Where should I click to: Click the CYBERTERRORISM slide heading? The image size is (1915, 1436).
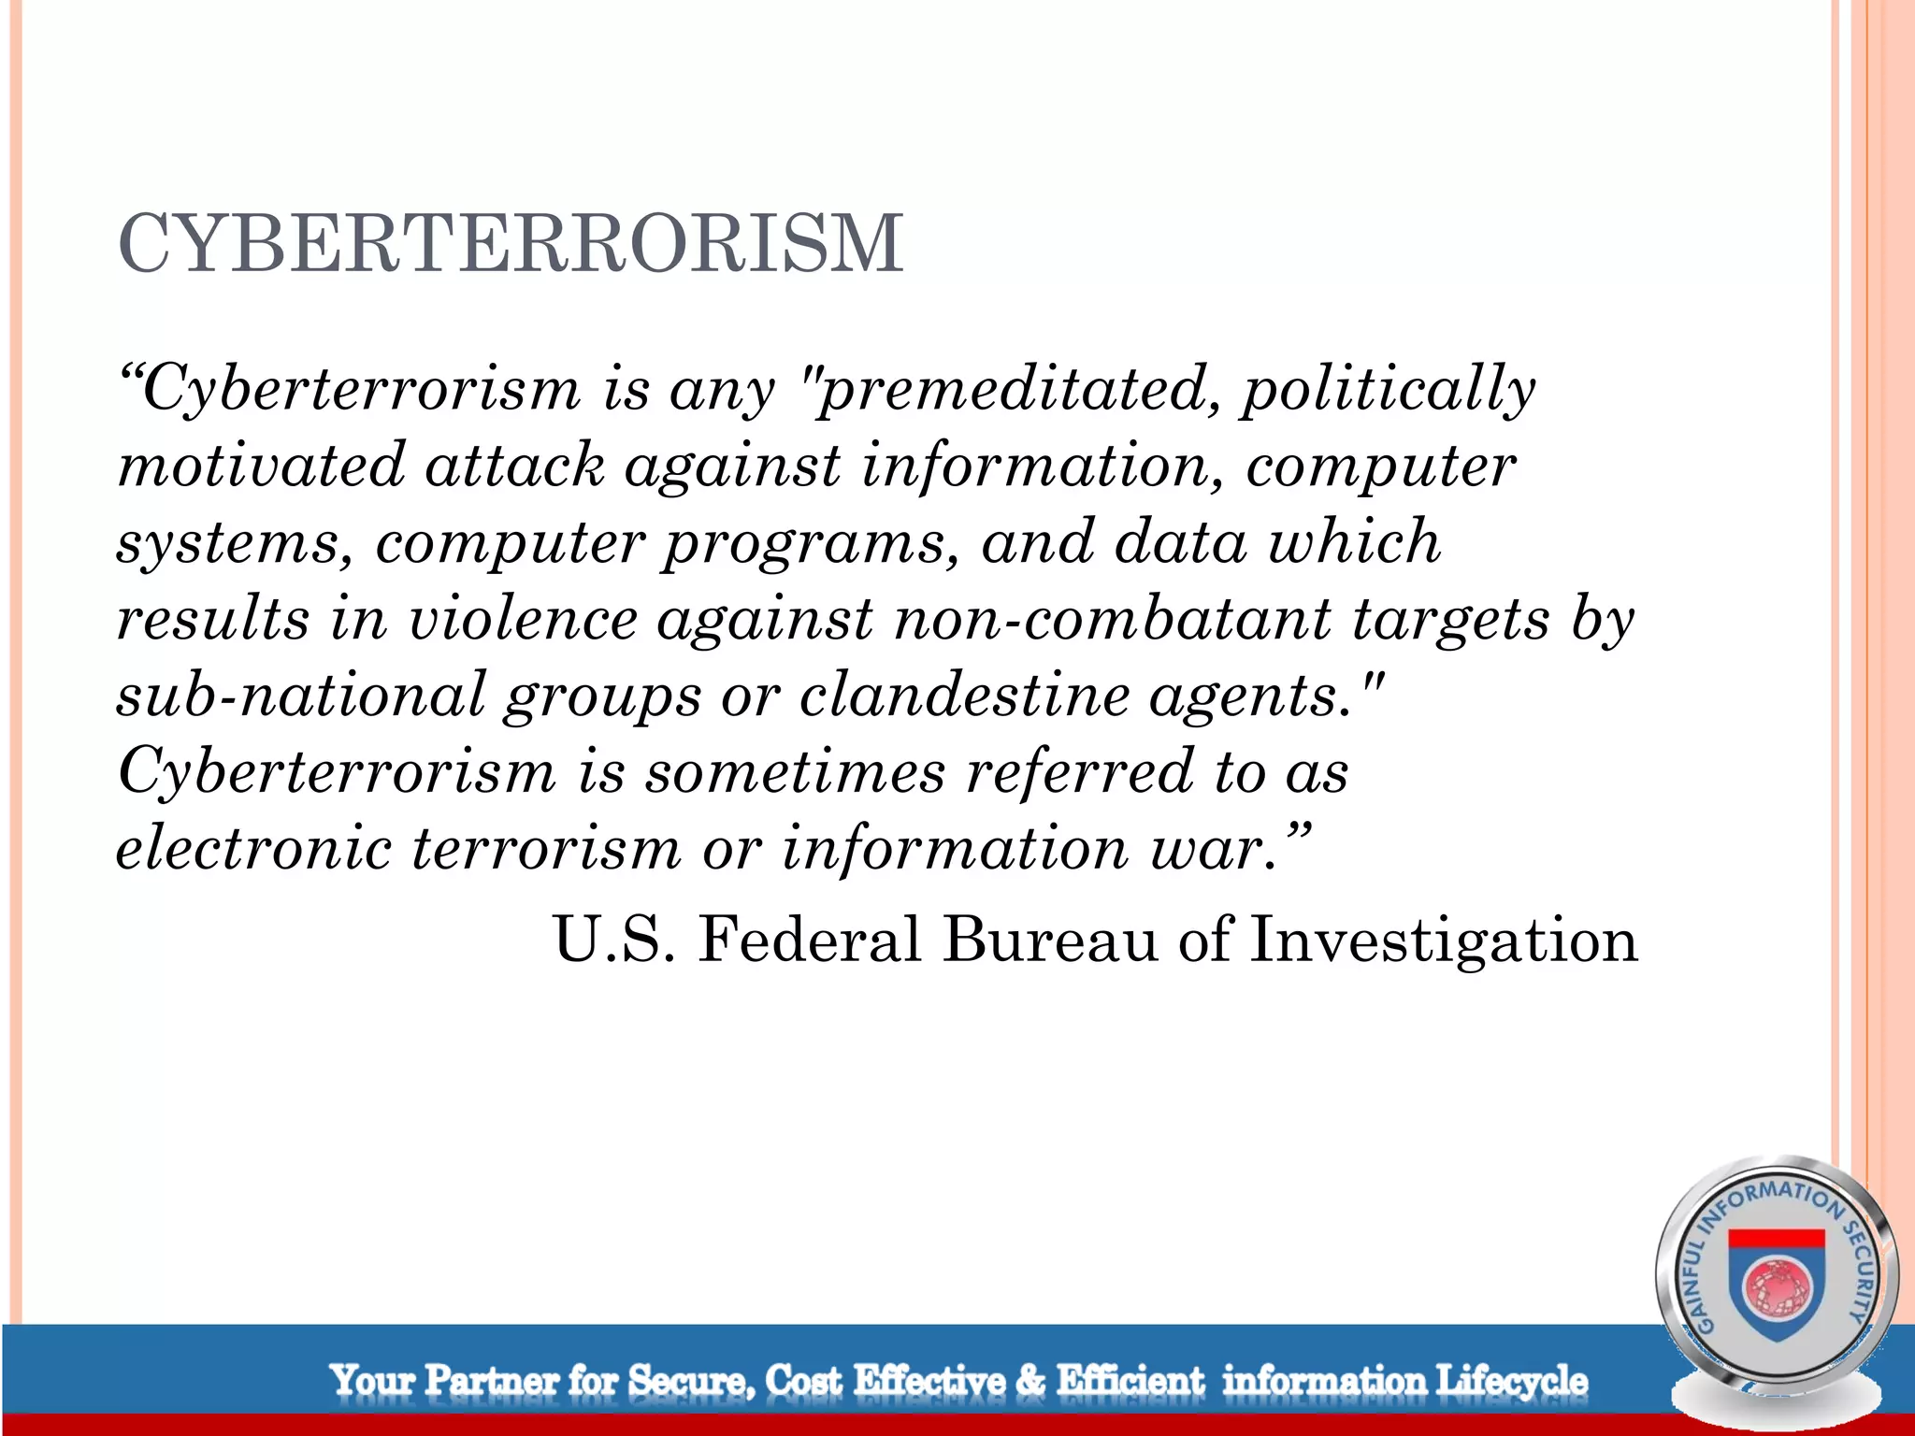[511, 244]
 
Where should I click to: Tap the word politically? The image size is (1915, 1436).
[1388, 389]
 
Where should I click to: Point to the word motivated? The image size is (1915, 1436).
[261, 466]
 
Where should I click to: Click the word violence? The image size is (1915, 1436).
[524, 619]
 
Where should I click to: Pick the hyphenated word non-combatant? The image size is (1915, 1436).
[1113, 619]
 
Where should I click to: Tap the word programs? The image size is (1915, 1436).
[810, 542]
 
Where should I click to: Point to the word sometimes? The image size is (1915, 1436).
[795, 772]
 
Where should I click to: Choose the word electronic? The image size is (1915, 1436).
[253, 849]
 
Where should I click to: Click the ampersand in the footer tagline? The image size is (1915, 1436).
[1029, 1381]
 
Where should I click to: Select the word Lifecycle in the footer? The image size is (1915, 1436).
[1511, 1381]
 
